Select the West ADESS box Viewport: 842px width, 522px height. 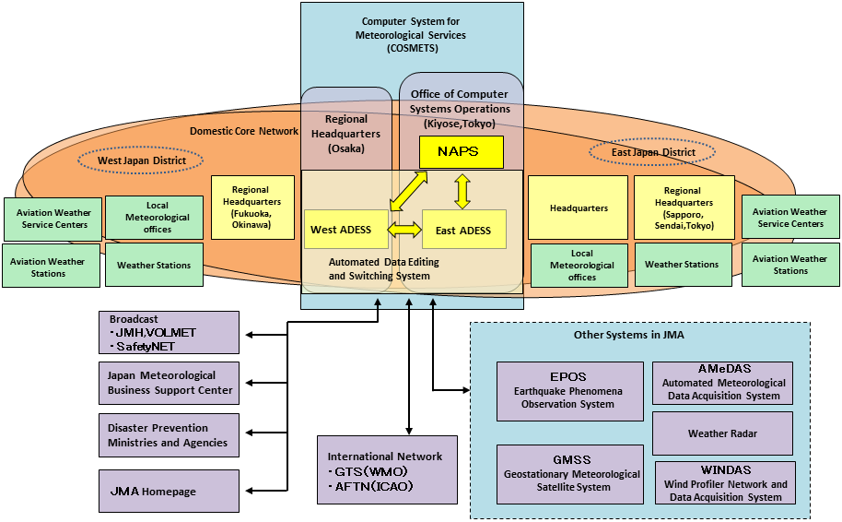point(342,230)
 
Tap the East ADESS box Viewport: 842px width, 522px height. point(463,230)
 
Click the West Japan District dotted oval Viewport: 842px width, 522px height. point(143,160)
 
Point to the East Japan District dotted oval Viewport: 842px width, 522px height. point(654,151)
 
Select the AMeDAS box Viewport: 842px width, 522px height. point(722,383)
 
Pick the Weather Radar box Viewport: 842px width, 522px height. point(722,433)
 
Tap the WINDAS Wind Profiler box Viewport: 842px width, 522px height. point(725,483)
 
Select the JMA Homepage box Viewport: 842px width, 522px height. point(169,491)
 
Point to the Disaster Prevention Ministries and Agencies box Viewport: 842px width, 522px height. point(169,435)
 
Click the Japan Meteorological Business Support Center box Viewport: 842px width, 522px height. point(169,383)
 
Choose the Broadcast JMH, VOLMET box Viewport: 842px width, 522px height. point(169,332)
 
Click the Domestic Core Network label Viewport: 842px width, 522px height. point(244,131)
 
